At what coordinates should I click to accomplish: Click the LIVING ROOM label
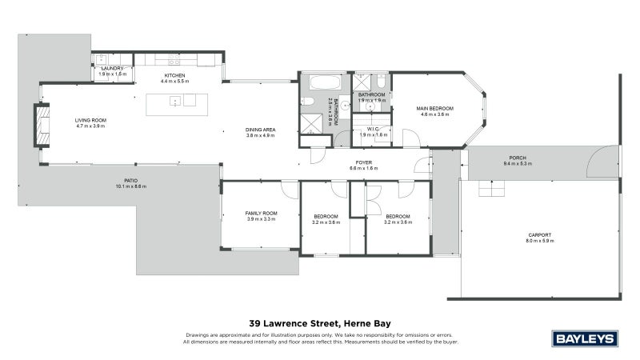coord(90,120)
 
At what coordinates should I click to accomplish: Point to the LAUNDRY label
coord(111,69)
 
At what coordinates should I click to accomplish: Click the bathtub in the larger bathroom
coord(323,82)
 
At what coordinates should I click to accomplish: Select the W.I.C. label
coord(373,130)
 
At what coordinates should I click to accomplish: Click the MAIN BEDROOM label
coord(434,108)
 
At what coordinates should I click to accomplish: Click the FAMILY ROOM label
coord(260,213)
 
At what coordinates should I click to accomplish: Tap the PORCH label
coord(517,158)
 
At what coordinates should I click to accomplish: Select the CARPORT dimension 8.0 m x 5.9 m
coord(539,240)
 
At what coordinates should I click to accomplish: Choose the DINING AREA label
coord(260,130)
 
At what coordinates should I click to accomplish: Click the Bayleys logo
coord(586,338)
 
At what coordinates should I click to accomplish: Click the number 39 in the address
coord(255,324)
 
